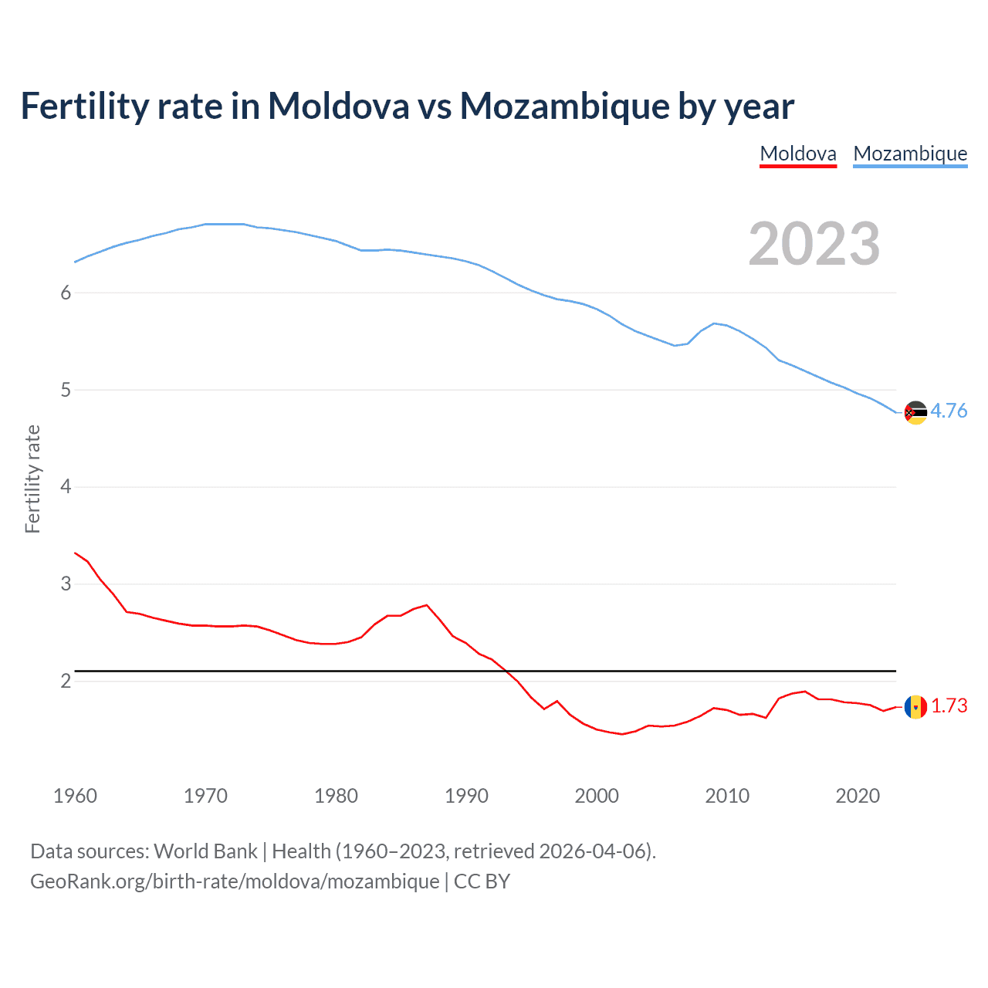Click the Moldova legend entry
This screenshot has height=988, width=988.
tap(798, 154)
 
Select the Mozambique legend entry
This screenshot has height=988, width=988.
tap(910, 154)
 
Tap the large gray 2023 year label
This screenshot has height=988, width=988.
tap(814, 244)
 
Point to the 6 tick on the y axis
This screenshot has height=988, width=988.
tap(66, 293)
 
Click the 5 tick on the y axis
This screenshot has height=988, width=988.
tap(66, 390)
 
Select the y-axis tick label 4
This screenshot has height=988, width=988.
tap(66, 486)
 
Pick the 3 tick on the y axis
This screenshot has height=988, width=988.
tap(66, 584)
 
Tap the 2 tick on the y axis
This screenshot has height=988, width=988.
tap(66, 681)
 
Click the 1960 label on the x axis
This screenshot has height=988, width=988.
tap(75, 796)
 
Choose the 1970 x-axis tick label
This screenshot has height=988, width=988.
tap(205, 796)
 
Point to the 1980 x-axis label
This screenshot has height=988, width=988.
tap(336, 796)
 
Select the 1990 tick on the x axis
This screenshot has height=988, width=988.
tap(466, 796)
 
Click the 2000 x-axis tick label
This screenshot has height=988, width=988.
tap(597, 796)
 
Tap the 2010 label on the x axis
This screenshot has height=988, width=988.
tap(727, 796)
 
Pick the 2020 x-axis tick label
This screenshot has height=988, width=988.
tap(858, 796)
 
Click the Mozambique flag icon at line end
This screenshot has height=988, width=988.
tap(915, 412)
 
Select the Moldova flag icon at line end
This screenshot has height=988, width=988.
tap(915, 706)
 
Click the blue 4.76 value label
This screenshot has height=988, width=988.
tap(949, 411)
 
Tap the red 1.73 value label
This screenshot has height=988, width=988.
tap(949, 705)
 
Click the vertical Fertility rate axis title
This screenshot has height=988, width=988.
tap(32, 479)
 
